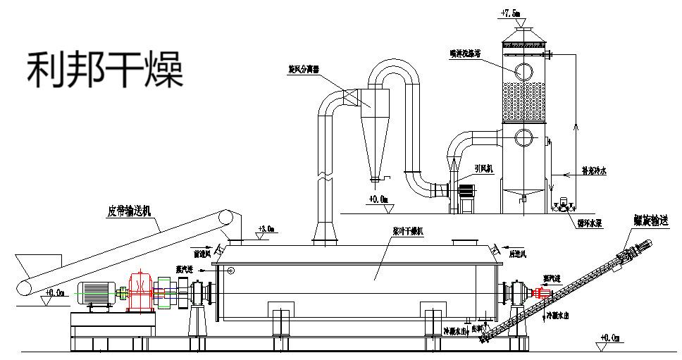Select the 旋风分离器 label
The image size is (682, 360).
click(304, 70)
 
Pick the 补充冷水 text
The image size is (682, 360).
click(595, 170)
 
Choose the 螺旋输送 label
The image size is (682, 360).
click(650, 221)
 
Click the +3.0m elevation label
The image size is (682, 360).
click(266, 228)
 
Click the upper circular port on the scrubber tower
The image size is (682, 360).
click(523, 71)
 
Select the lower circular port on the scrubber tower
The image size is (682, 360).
click(523, 136)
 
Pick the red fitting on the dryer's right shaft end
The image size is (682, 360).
click(542, 292)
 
